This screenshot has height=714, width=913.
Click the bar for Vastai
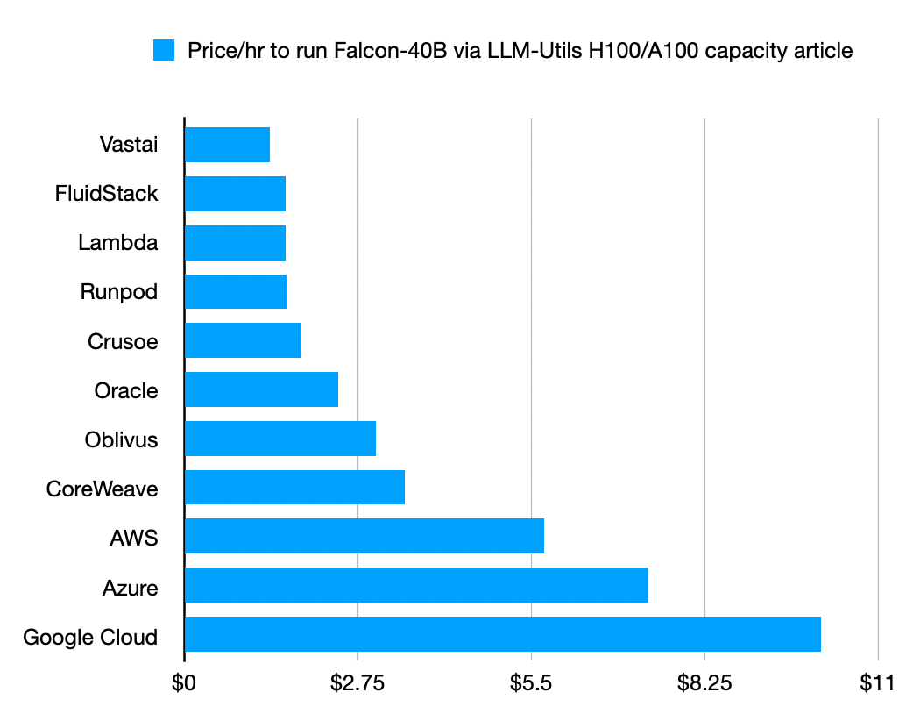[x=227, y=144]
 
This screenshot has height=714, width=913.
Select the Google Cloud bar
[x=502, y=634]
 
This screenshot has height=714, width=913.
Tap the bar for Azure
[x=416, y=585]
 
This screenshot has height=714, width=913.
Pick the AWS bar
[x=364, y=536]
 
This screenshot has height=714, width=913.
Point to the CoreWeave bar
[x=294, y=487]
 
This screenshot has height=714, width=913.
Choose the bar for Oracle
[x=261, y=389]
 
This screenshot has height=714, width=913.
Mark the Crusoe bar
[x=243, y=340]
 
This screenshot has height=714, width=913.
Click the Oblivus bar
[x=280, y=439]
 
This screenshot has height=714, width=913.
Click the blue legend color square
[x=165, y=51]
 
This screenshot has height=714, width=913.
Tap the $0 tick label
[x=184, y=683]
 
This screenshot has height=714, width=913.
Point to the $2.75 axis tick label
[x=357, y=683]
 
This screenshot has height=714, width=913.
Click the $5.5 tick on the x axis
[x=531, y=683]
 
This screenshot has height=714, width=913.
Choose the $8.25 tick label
[x=704, y=683]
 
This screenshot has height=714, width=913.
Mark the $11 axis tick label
[x=877, y=683]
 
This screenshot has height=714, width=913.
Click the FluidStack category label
[x=106, y=193]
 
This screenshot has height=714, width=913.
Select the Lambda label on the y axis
[x=118, y=242]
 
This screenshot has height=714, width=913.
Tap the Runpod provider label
[x=119, y=291]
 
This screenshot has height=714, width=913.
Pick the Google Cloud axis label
[x=90, y=637]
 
